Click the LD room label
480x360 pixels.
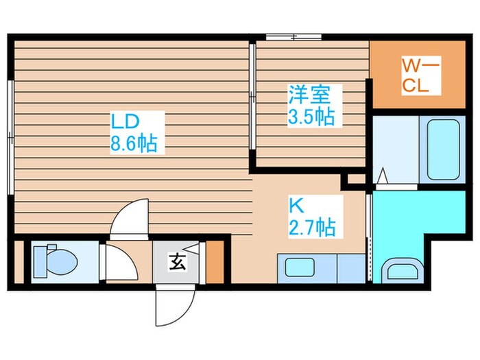126,121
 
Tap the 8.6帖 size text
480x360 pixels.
134,143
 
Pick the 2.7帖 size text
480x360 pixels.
312,227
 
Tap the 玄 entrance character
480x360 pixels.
176,261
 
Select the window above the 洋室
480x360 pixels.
293,37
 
